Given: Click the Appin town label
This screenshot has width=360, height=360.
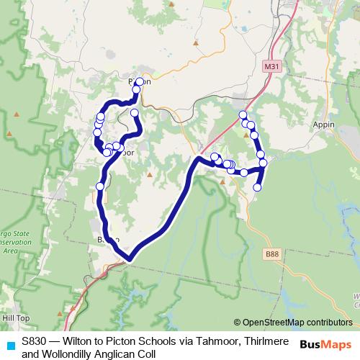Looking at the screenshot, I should (325, 124).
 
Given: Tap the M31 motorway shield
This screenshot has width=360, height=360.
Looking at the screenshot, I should (271, 66).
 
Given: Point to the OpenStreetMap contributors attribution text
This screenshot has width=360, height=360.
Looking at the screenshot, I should (297, 322).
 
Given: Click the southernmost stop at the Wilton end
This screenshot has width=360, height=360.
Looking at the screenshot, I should (257, 187).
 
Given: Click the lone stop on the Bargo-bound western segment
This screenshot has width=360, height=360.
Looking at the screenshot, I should (100, 187).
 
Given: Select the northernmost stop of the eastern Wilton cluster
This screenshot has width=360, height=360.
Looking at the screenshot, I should (243, 115).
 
